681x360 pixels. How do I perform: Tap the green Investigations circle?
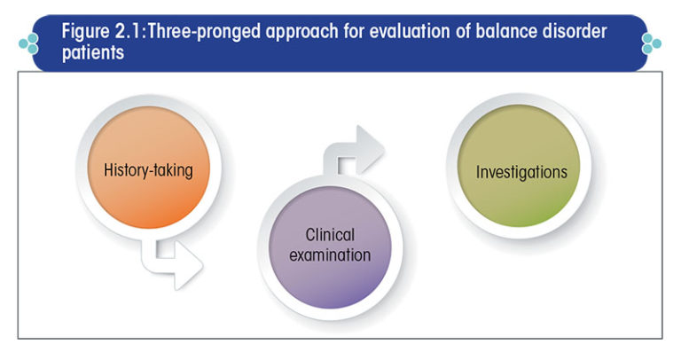(520, 172)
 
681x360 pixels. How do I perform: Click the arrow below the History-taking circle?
(174, 264)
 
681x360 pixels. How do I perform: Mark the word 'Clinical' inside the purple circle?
(330, 235)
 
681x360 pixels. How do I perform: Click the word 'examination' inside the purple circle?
(331, 255)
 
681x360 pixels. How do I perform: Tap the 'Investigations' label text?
(520, 172)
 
